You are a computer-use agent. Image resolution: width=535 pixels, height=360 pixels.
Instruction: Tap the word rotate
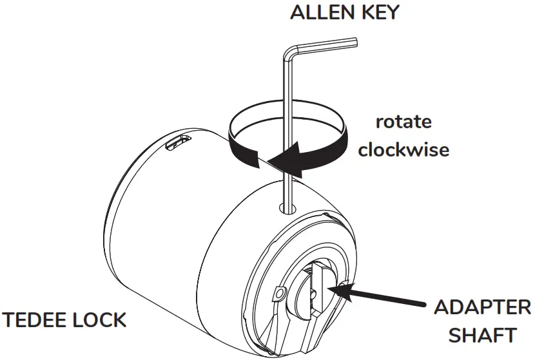(x=404, y=122)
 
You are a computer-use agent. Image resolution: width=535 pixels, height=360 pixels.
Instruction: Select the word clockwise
(x=404, y=150)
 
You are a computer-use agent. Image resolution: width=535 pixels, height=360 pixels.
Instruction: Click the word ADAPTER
(x=482, y=307)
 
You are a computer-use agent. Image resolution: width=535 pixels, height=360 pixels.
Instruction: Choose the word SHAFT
(x=482, y=335)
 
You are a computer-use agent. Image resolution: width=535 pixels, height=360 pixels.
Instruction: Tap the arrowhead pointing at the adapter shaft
(x=340, y=291)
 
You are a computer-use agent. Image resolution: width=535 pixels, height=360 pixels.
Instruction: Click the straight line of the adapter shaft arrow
(x=387, y=301)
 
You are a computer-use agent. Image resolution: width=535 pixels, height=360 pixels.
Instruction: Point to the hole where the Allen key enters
(x=287, y=207)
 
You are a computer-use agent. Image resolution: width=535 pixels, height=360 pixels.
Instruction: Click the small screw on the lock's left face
(x=278, y=294)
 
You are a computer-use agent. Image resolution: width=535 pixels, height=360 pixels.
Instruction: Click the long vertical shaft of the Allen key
(x=287, y=129)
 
